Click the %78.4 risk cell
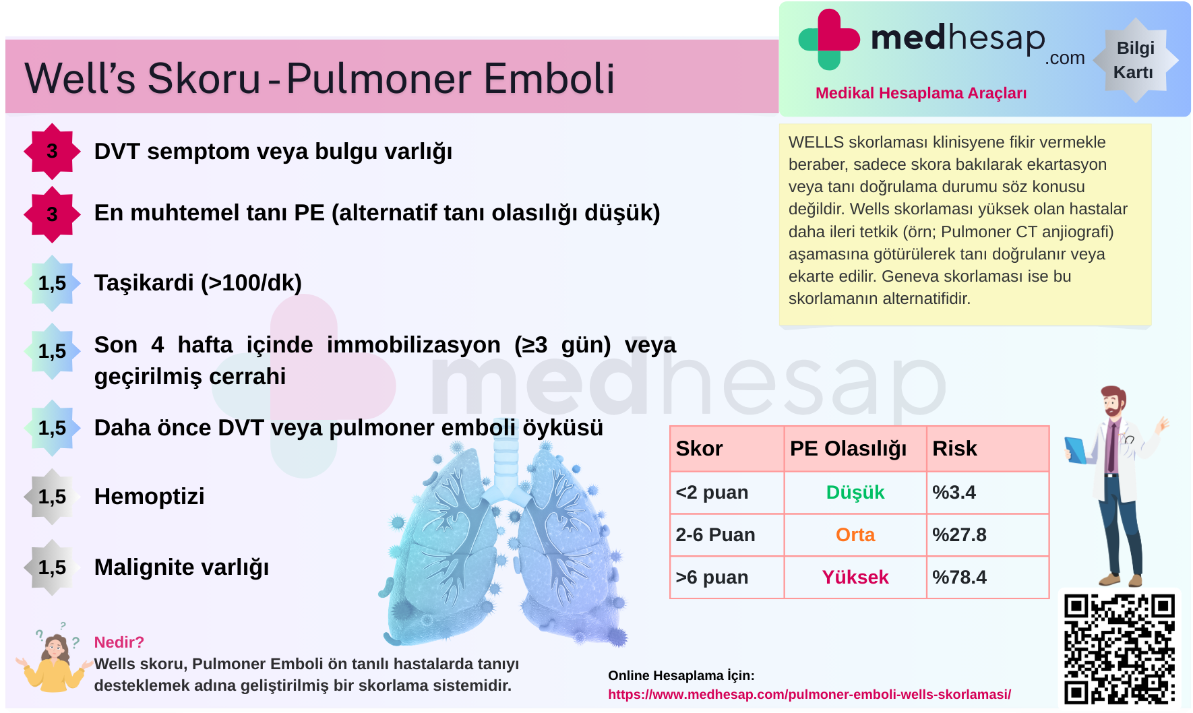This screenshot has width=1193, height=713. pos(959,577)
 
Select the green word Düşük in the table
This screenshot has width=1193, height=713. pos(855,492)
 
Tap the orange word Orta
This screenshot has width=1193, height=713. pos(855,534)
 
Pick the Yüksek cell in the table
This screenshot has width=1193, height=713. pos(855,577)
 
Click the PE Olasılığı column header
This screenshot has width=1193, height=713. pos(848,449)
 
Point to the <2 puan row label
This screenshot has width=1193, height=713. pos(712,493)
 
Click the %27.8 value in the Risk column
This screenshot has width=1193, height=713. pos(959,534)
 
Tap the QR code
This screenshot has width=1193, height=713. pos(1120,649)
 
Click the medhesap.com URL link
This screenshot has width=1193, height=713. pos(809,694)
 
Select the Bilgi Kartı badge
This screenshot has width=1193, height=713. pos(1135,60)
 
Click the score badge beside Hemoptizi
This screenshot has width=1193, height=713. pos(52,497)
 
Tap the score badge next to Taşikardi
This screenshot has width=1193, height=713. pos(52,283)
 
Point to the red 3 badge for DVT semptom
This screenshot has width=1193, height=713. pos(52,151)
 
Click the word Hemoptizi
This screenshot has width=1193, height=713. pos(149,497)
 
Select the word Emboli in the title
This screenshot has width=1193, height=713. pos(549,78)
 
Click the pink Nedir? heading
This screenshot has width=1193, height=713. pos(119,642)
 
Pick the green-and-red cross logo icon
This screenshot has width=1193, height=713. pos(829,39)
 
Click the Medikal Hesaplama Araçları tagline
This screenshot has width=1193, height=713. pos(921,93)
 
